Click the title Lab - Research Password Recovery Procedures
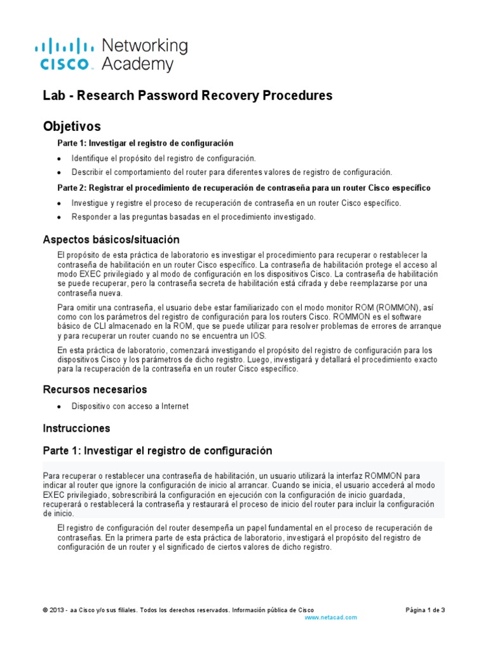pos(187,96)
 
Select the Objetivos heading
pos(71,126)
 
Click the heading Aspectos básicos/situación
pos(111,240)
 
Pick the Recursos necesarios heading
pos(95,389)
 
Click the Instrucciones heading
pos(76,428)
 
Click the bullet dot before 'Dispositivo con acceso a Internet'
pos(60,407)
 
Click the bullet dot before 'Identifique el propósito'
pos(60,158)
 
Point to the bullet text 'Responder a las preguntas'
pos(193,217)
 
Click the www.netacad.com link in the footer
pos(330,617)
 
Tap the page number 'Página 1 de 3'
pos(425,610)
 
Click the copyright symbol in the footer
pos(45,610)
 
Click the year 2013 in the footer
pos(57,610)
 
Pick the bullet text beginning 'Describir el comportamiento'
pos(232,172)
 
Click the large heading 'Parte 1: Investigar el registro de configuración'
pos(157,451)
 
